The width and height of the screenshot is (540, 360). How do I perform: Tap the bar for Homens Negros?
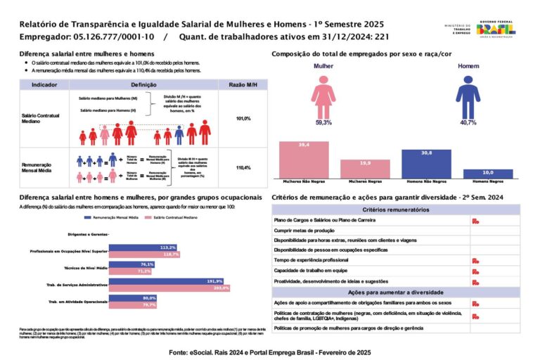487,173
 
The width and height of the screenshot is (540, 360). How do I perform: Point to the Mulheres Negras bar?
365,168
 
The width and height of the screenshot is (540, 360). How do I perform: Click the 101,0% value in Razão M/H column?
243,118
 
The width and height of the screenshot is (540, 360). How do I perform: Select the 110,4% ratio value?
243,167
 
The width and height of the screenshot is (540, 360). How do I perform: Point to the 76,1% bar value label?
147,264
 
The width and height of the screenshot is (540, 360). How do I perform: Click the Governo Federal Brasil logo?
495,29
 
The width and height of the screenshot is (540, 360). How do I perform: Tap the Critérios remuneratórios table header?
396,210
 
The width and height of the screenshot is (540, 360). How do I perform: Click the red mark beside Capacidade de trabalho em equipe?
476,271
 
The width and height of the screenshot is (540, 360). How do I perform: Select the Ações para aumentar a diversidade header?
396,291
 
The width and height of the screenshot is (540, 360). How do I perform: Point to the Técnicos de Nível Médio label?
86,268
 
